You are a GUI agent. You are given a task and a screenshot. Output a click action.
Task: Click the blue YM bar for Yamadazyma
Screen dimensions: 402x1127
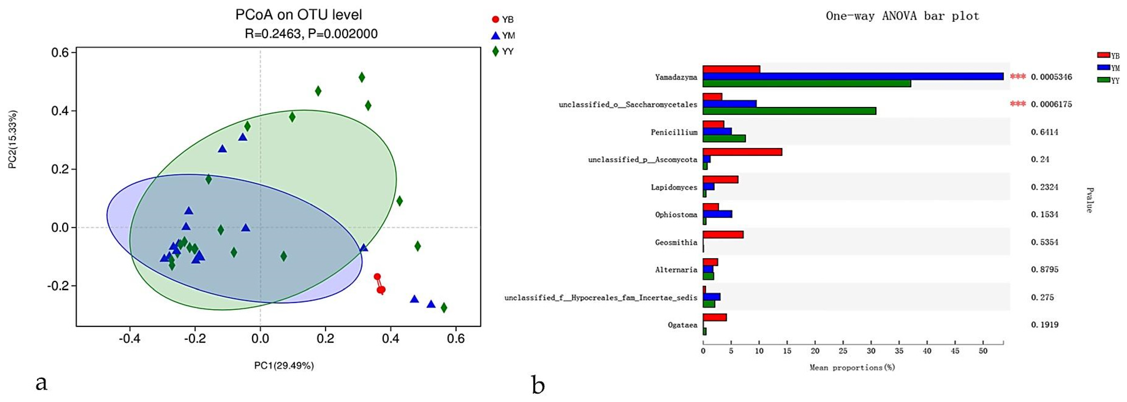(x=853, y=76)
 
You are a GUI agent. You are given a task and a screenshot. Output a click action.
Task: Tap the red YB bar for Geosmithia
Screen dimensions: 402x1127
(x=723, y=235)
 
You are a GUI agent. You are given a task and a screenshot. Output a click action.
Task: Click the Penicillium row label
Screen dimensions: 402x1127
(x=674, y=132)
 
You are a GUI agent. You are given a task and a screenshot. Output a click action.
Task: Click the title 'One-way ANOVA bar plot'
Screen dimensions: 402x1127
(x=902, y=16)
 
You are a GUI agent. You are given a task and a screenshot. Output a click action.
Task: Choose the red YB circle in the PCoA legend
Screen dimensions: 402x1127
(x=495, y=19)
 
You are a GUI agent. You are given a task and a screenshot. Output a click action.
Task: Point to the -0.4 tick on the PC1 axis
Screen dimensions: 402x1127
(x=130, y=339)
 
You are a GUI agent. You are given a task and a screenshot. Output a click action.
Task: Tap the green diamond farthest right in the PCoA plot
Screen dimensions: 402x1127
(x=444, y=308)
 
